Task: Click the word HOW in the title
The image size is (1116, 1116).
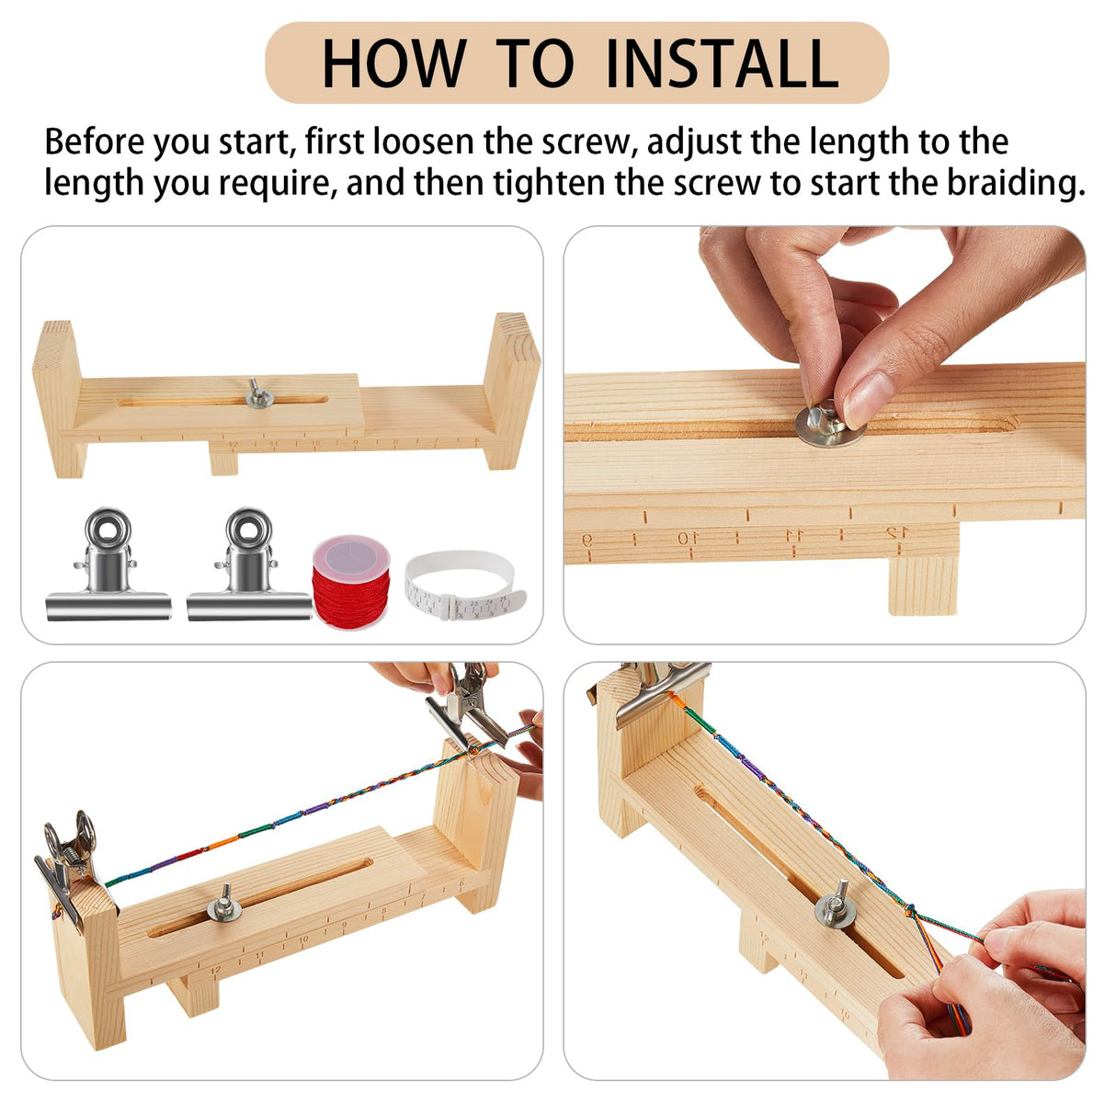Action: tap(393, 63)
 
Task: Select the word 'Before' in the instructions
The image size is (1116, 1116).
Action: tap(95, 142)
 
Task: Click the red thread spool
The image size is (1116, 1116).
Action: tap(351, 582)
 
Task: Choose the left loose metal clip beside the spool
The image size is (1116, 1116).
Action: tap(108, 567)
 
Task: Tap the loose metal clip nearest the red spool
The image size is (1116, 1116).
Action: tap(249, 567)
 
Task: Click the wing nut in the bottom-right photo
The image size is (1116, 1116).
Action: tap(835, 906)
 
